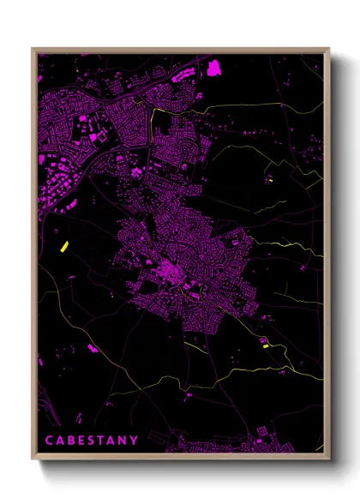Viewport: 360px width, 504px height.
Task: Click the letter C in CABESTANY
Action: [48, 441]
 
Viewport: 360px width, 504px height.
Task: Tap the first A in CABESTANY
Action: [60, 441]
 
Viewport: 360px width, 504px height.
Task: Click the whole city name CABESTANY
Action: [92, 441]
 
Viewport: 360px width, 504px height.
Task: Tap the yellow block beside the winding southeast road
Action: [265, 345]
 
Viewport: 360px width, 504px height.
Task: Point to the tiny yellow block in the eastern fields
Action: [269, 180]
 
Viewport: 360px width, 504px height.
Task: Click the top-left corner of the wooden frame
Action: [33, 49]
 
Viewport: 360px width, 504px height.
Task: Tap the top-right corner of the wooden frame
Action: [329, 49]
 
